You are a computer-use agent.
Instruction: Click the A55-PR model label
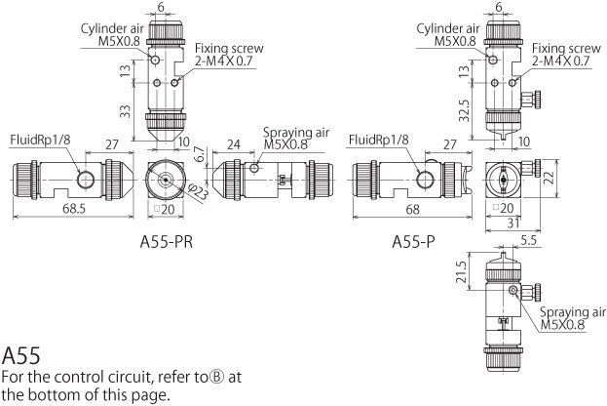pyautogui.click(x=166, y=242)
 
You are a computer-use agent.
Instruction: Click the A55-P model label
pyautogui.click(x=413, y=242)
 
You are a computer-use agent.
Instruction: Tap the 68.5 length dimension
pyautogui.click(x=74, y=209)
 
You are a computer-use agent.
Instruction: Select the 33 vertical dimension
pyautogui.click(x=125, y=111)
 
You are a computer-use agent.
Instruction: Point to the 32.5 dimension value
pyautogui.click(x=464, y=111)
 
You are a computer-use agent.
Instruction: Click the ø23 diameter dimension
pyautogui.click(x=198, y=192)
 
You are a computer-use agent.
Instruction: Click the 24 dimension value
pyautogui.click(x=234, y=144)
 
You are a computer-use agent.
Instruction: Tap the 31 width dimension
pyautogui.click(x=512, y=223)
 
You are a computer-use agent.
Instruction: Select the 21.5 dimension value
pyautogui.click(x=461, y=272)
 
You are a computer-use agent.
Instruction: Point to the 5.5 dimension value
pyautogui.click(x=528, y=240)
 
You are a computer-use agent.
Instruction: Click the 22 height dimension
pyautogui.click(x=550, y=177)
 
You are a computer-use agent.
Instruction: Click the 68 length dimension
pyautogui.click(x=413, y=210)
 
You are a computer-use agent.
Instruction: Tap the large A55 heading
pyautogui.click(x=21, y=355)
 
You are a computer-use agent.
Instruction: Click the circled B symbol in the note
pyautogui.click(x=216, y=377)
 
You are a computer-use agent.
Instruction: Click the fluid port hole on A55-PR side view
pyautogui.click(x=85, y=180)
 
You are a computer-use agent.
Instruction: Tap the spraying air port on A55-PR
pyautogui.click(x=254, y=168)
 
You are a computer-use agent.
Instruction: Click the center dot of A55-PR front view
pyautogui.click(x=166, y=180)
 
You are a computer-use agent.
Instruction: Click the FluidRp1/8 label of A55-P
pyautogui.click(x=379, y=140)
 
